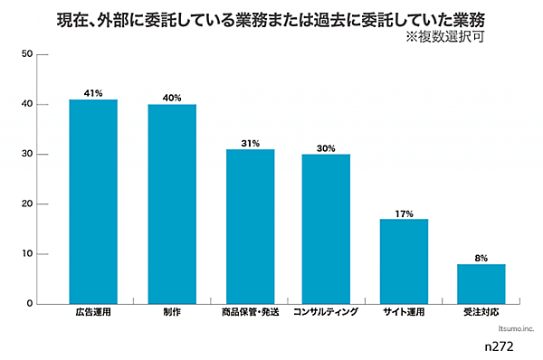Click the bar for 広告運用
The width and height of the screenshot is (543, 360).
93,201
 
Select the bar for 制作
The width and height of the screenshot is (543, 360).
172,204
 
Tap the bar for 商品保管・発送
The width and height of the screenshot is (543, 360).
250,226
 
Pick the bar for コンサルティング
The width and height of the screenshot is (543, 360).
327,229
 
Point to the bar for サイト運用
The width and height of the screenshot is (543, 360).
404,261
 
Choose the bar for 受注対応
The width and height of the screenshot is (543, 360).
481,283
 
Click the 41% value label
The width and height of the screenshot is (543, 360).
93,93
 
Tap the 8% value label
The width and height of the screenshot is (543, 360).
481,258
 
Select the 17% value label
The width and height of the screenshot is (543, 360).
404,213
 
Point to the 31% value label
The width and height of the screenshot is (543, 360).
250,143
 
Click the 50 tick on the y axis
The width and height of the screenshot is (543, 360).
27,55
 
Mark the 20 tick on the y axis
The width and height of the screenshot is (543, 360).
27,204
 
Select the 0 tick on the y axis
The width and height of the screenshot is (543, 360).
30,304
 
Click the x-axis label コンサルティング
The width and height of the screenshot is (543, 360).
327,313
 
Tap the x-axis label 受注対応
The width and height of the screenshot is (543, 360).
481,313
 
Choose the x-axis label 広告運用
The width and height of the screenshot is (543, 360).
93,313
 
